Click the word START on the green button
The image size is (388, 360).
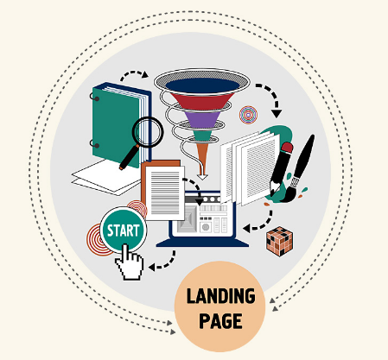tap(124, 231)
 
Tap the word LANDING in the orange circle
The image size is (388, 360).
tap(220, 296)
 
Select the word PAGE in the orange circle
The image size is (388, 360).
tap(220, 320)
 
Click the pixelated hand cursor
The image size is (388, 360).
tap(130, 262)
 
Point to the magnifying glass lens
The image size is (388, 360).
tap(148, 132)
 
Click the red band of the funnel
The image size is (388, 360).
tap(202, 101)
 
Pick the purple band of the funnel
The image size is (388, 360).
tap(203, 119)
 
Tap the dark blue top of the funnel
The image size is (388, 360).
tap(202, 85)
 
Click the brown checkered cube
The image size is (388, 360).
tap(279, 241)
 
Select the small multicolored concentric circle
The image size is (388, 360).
tap(248, 115)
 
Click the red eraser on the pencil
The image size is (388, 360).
tap(287, 148)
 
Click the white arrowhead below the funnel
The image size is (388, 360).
tap(202, 176)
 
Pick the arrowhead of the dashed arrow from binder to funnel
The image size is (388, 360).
tap(145, 74)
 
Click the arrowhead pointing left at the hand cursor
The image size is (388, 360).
tap(152, 268)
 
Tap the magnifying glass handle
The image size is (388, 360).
tap(129, 158)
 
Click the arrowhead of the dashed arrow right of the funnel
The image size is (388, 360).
tap(277, 114)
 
